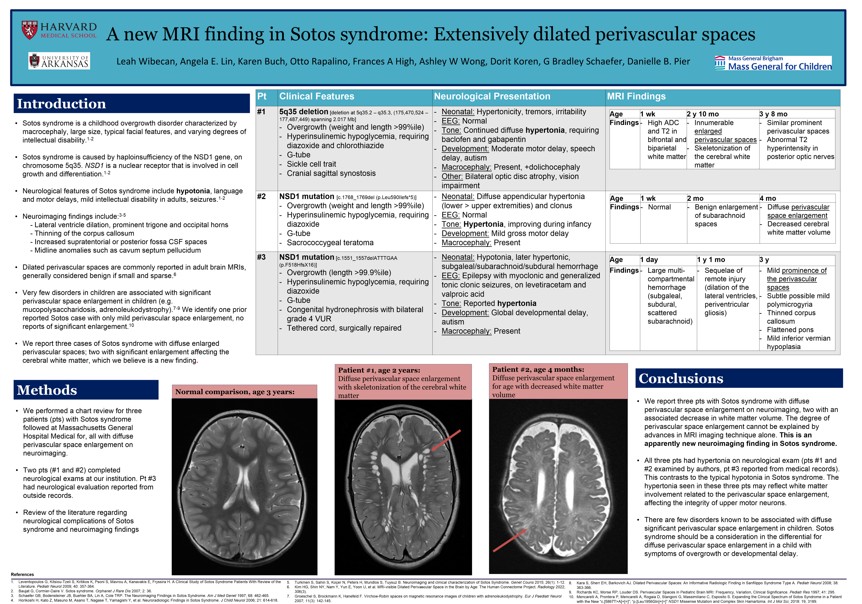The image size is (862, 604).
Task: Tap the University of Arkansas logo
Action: click(59, 61)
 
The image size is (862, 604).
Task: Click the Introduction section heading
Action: click(62, 104)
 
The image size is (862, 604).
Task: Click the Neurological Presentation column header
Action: click(492, 97)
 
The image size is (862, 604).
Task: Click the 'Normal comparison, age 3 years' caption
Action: click(235, 392)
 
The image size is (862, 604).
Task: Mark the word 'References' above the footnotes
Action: click(22, 574)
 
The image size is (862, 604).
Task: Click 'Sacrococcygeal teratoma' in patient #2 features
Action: click(330, 243)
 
